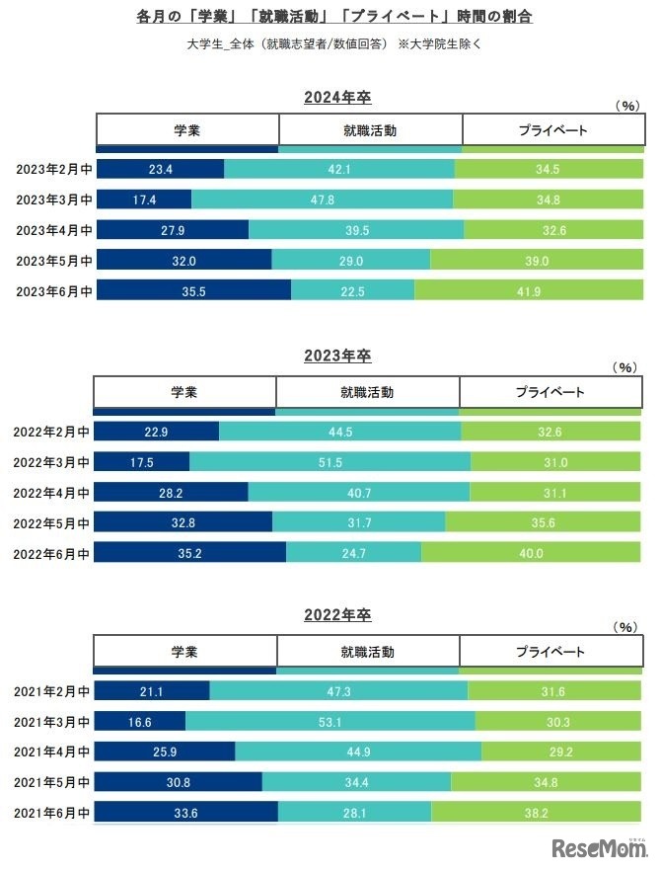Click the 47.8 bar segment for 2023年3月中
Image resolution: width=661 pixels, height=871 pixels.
tap(323, 199)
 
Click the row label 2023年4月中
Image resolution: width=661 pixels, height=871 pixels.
tap(54, 230)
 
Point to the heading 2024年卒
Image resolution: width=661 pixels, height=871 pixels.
tap(337, 97)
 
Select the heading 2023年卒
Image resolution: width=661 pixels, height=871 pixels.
tap(337, 356)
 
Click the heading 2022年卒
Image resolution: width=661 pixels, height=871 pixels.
tap(337, 614)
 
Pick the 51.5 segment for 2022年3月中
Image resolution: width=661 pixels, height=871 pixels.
tap(330, 462)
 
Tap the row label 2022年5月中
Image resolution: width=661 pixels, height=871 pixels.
tap(51, 522)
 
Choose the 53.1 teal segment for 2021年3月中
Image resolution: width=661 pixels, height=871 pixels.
tap(330, 721)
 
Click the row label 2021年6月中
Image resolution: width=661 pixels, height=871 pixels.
tap(51, 812)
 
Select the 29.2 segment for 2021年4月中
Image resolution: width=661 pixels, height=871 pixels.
tap(561, 752)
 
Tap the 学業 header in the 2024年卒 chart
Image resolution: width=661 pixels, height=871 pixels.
tap(187, 129)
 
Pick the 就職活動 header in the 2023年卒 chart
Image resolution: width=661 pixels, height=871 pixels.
tap(367, 392)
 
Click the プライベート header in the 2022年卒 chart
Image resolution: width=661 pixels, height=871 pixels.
tap(551, 652)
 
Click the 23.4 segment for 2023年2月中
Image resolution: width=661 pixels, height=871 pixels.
tap(161, 170)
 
